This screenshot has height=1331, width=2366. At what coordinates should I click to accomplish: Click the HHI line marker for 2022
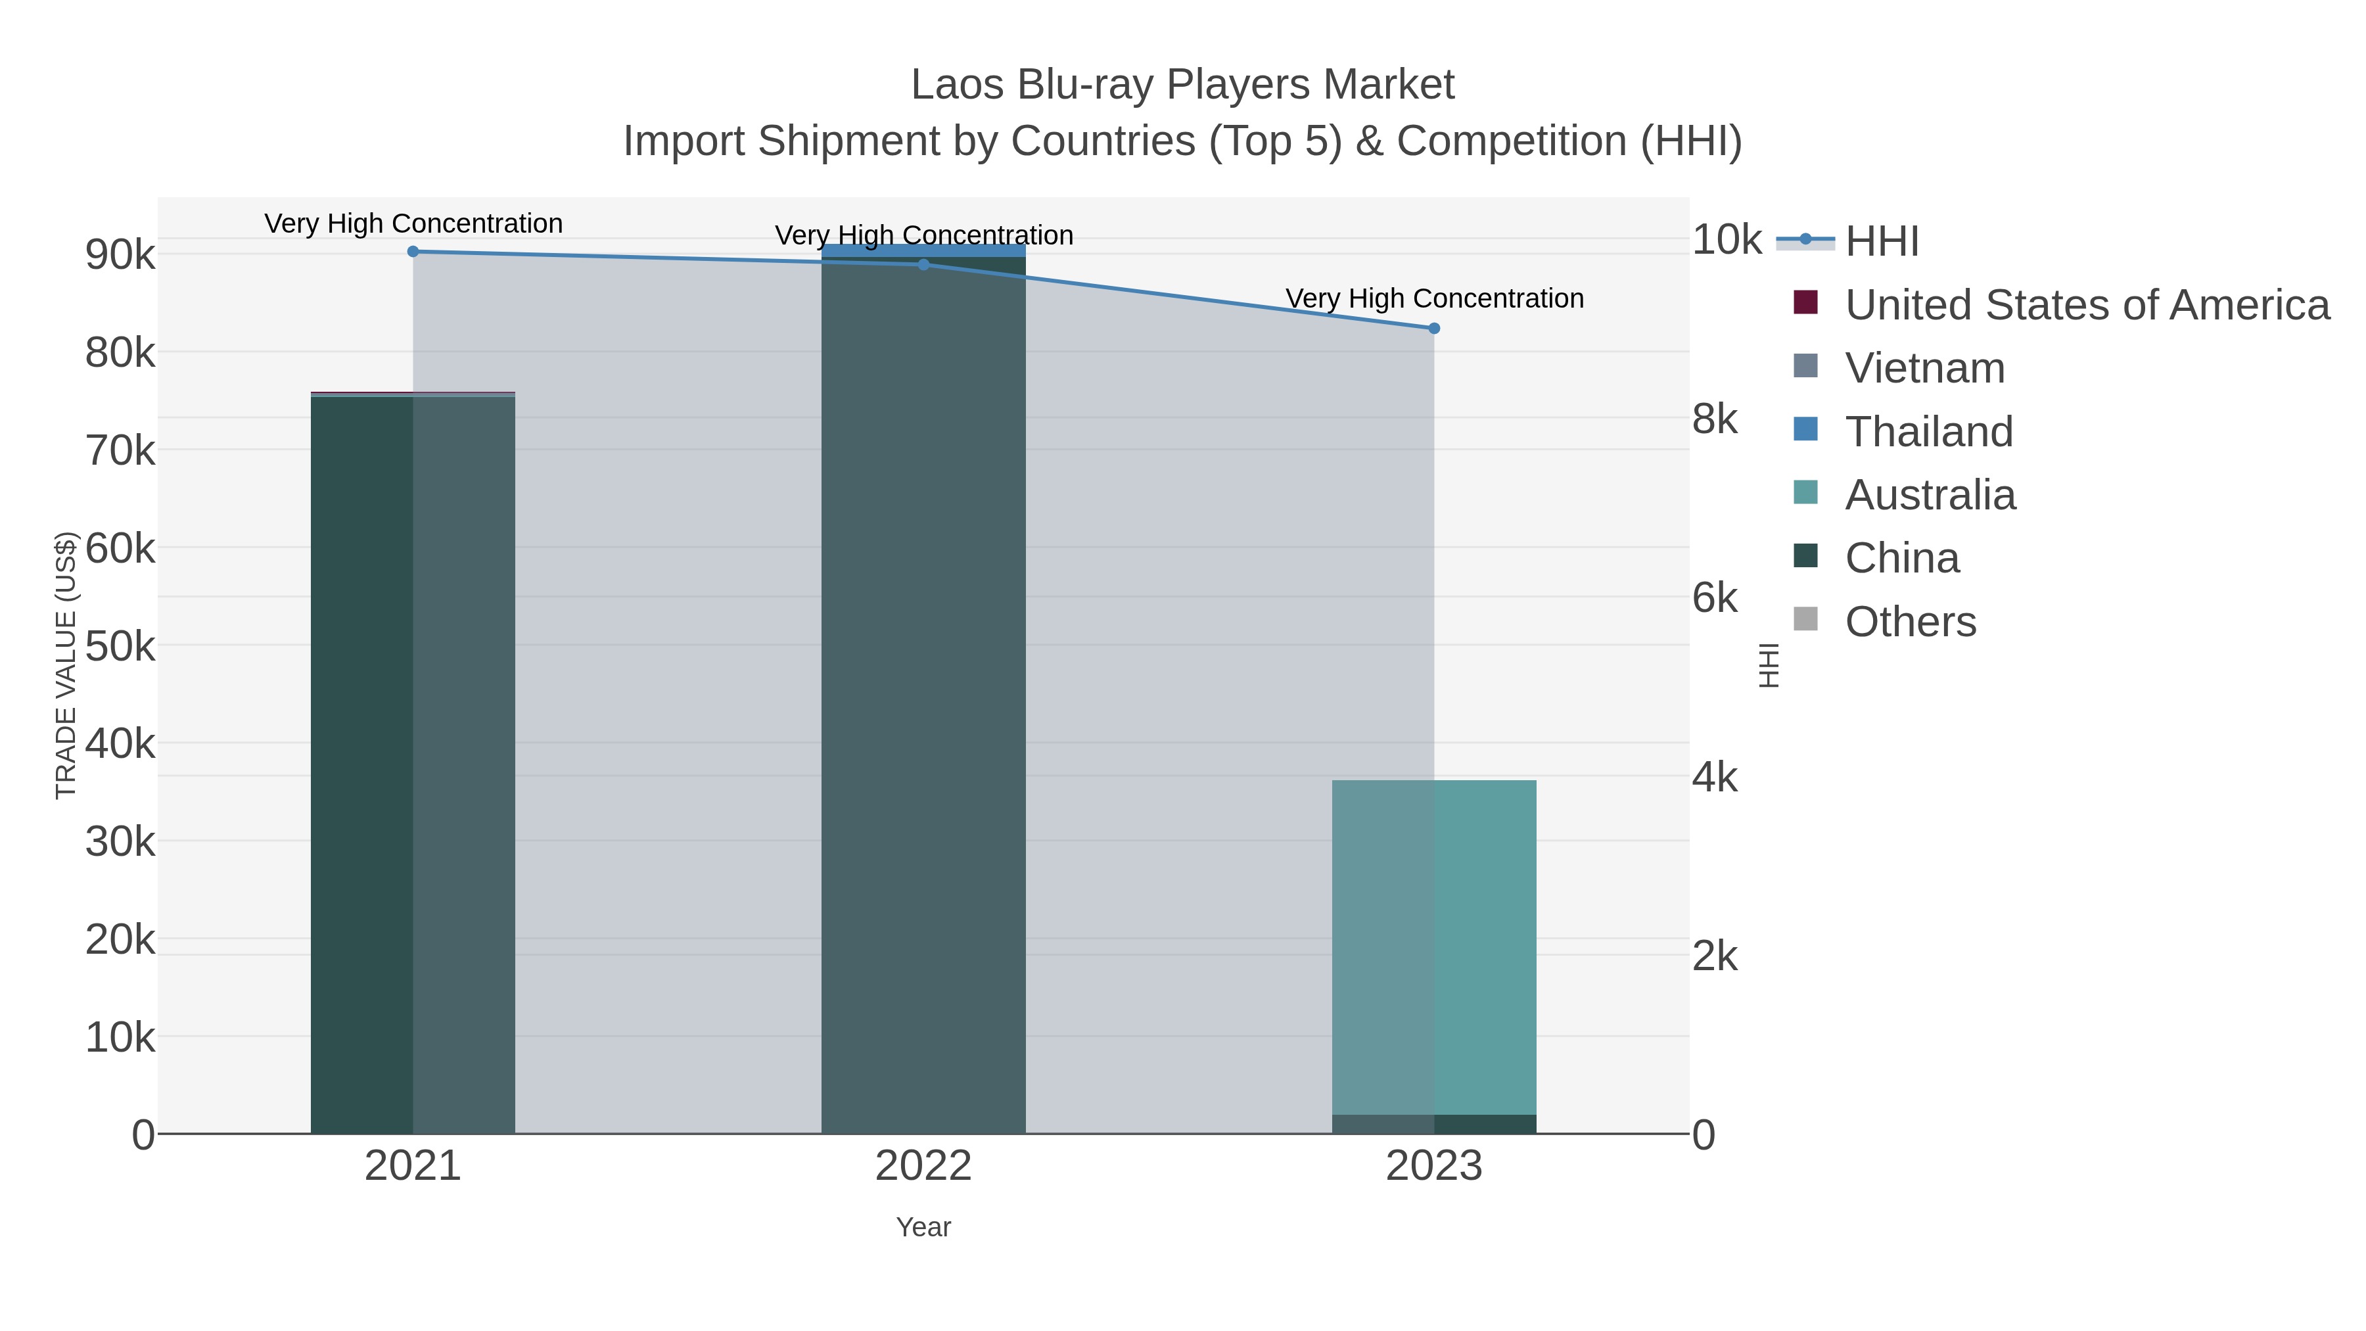pyautogui.click(x=923, y=264)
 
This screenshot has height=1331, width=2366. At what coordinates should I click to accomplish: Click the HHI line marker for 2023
pyautogui.click(x=1434, y=328)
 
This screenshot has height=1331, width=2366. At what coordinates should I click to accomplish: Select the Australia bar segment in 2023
pyautogui.click(x=1434, y=946)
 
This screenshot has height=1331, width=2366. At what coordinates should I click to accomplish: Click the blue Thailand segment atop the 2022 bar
pyautogui.click(x=923, y=250)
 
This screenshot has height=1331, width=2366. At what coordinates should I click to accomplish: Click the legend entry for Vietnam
pyautogui.click(x=1924, y=368)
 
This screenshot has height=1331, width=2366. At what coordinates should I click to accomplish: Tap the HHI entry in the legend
pyautogui.click(x=1881, y=242)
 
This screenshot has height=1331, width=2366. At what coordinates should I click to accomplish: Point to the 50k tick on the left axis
pyautogui.click(x=120, y=647)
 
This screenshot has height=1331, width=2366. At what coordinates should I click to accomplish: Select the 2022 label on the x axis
pyautogui.click(x=923, y=1167)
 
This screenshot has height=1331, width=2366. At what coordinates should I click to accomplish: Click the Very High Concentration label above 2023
pyautogui.click(x=1434, y=298)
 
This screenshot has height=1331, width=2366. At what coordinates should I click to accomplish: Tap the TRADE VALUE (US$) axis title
pyautogui.click(x=66, y=665)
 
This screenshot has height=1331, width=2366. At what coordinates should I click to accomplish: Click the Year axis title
pyautogui.click(x=923, y=1227)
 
